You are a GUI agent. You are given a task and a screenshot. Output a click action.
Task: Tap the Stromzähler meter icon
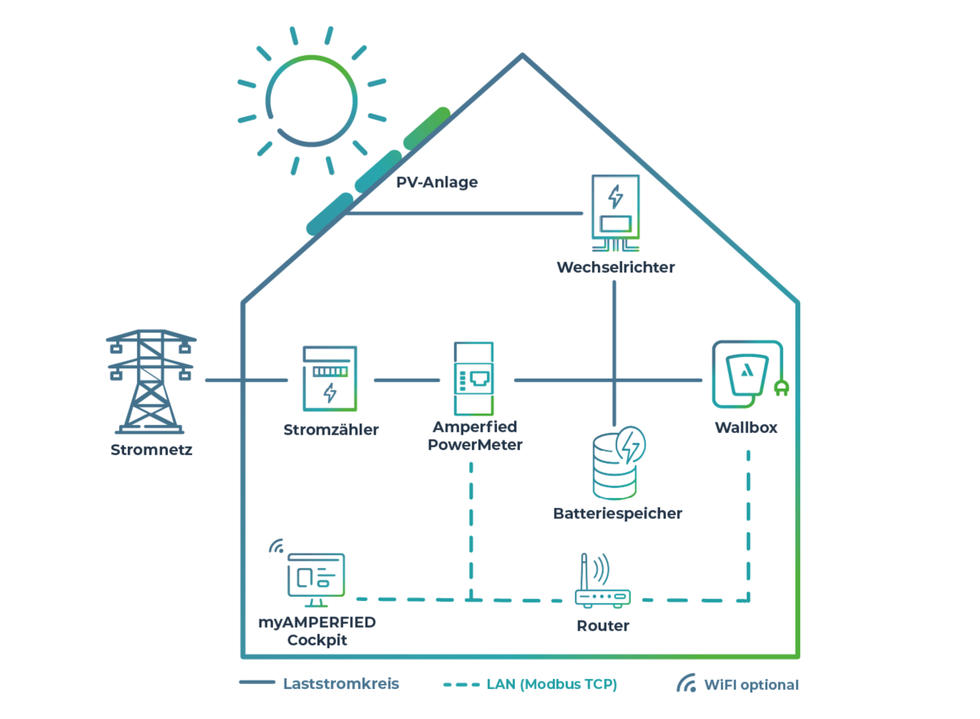330,378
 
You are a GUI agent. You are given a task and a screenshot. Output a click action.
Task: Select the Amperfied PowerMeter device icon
474,378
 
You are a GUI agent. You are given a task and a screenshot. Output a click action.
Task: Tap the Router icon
603,583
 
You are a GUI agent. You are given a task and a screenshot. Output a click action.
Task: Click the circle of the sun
311,101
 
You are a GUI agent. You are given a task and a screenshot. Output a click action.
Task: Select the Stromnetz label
151,450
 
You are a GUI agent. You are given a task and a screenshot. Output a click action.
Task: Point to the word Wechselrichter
615,267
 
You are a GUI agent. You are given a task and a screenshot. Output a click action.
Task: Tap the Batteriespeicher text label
617,514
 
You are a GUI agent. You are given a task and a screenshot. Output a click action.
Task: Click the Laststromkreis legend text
341,684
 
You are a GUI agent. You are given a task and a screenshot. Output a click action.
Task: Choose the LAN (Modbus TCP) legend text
552,684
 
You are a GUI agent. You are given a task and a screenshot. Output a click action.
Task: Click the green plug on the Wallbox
781,387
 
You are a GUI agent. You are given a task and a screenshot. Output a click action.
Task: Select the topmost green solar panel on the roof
427,127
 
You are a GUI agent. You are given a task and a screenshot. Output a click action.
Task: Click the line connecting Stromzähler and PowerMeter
407,380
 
